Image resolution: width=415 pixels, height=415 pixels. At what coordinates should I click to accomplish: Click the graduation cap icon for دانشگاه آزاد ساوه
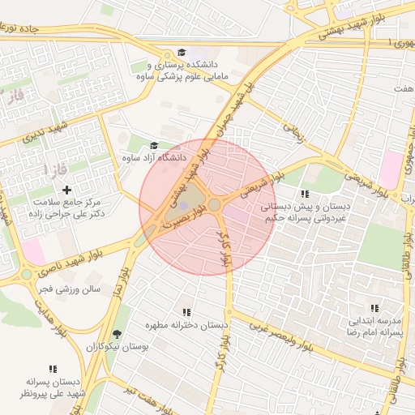(x=154, y=146)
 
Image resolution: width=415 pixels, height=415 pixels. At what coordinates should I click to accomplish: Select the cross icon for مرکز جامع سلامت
(x=66, y=189)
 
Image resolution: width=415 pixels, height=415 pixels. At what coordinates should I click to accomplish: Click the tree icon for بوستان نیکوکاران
(x=118, y=334)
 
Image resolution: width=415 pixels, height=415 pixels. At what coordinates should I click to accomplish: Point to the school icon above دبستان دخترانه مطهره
(x=186, y=312)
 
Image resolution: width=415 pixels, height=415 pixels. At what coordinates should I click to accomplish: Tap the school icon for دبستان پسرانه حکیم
(x=305, y=195)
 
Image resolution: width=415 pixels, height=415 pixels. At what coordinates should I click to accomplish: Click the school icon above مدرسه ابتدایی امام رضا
(x=374, y=308)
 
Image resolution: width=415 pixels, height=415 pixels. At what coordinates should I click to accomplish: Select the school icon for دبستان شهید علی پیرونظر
(x=53, y=369)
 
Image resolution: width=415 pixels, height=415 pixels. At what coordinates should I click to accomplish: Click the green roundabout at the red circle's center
(x=214, y=206)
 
